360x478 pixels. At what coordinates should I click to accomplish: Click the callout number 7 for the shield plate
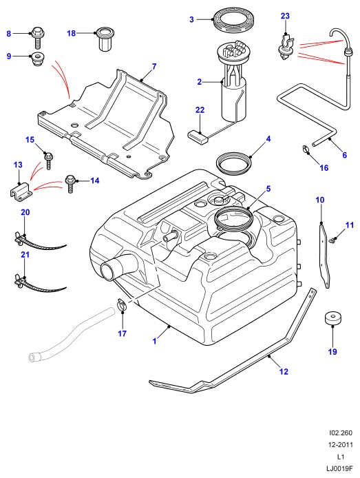pos(154,66)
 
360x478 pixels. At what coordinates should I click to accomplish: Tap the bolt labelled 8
pos(38,37)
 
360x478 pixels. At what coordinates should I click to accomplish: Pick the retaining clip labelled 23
pos(286,48)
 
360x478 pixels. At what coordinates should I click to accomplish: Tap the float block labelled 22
pos(198,136)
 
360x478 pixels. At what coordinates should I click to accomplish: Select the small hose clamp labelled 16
pos(305,149)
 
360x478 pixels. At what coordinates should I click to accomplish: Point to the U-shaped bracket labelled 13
pos(21,192)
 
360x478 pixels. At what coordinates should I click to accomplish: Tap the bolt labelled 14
pos(70,184)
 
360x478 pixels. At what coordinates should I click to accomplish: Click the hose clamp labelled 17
pos(122,305)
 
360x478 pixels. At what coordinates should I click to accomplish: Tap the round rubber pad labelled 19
pos(332,319)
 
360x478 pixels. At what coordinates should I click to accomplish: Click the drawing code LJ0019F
pos(339,468)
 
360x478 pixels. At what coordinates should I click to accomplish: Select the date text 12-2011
pos(340,444)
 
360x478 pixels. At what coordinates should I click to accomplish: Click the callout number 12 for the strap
pos(284,372)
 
